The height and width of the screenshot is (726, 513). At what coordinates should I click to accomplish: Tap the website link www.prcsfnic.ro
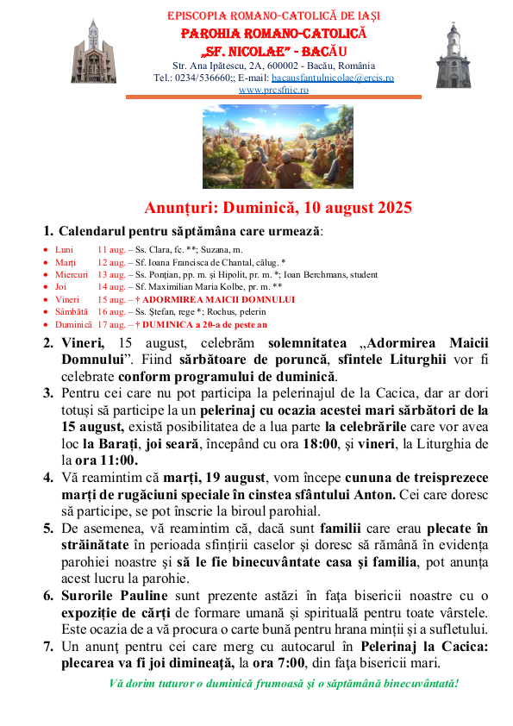[x=273, y=89]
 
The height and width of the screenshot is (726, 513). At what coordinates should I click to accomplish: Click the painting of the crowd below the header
[x=278, y=147]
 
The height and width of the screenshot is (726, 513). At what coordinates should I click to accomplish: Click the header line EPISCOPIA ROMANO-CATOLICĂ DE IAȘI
[x=273, y=16]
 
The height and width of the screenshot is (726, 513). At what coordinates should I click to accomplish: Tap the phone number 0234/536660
[x=203, y=78]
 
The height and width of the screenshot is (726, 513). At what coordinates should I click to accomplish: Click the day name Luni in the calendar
[x=65, y=248]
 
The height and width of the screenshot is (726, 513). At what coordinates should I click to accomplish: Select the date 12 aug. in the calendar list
[x=110, y=261]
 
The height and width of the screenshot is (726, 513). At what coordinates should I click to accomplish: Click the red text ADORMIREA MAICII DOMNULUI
[x=219, y=299]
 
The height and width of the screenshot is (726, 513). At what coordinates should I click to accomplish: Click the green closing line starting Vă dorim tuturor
[x=284, y=684]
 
